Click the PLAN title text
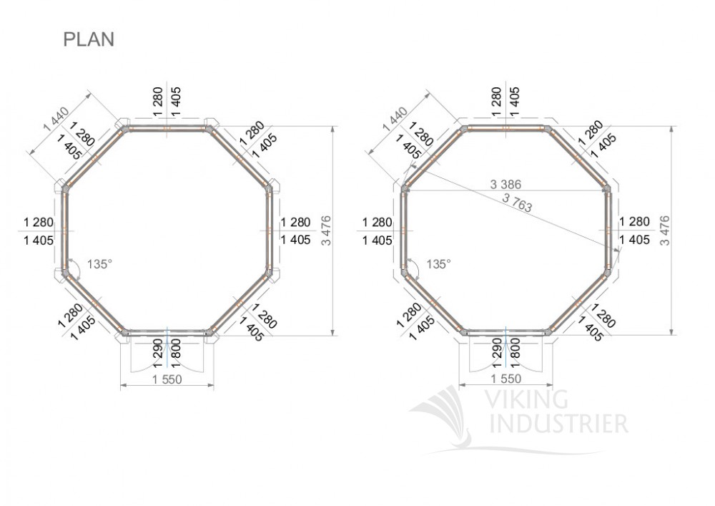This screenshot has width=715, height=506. [89, 39]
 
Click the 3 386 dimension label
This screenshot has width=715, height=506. [506, 185]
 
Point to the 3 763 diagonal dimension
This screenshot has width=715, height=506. [517, 203]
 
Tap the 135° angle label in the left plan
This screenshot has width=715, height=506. [99, 264]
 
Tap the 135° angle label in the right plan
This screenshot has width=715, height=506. [438, 264]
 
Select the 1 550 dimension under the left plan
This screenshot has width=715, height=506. [167, 379]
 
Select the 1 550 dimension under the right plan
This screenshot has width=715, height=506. [506, 379]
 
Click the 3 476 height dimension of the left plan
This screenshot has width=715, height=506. [327, 230]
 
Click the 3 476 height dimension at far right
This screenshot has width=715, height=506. [665, 230]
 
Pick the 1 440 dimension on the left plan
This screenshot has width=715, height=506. [56, 119]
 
